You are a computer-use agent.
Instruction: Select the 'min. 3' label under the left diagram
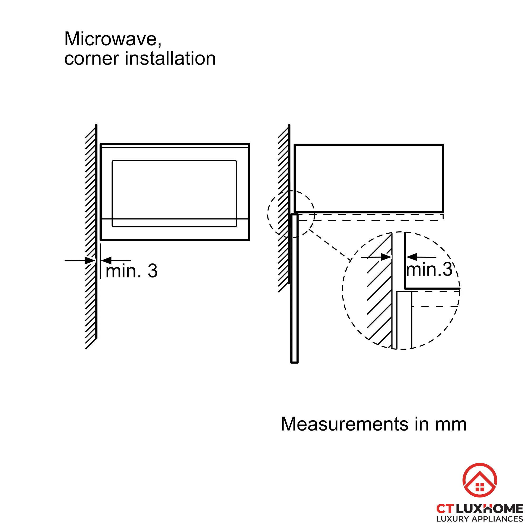pos(132,271)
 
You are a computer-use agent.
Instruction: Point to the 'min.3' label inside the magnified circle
pos(429,270)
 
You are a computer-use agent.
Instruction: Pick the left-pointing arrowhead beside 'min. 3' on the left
pos(106,261)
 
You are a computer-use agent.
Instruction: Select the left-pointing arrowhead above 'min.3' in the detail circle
pos(412,257)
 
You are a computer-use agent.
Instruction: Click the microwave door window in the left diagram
pos(174,193)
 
